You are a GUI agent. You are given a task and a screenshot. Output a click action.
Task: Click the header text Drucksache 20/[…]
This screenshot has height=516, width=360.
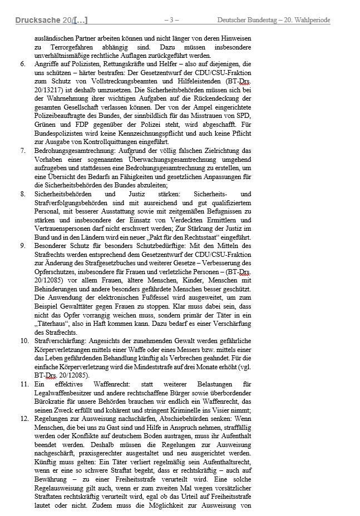51,21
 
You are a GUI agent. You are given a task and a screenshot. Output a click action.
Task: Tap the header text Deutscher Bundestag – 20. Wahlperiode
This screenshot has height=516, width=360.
273,21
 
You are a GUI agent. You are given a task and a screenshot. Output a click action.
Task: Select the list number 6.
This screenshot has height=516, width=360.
22,64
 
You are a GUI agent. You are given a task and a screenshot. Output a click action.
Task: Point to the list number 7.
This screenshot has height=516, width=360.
22,151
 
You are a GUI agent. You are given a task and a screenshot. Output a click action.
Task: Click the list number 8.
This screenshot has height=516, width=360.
22,194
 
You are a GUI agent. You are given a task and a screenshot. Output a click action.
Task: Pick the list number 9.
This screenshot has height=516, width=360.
22,246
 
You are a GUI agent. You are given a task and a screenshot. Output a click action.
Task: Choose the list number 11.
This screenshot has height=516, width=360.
24,384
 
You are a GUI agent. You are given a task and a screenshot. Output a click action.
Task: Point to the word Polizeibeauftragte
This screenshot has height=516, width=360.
61,116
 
